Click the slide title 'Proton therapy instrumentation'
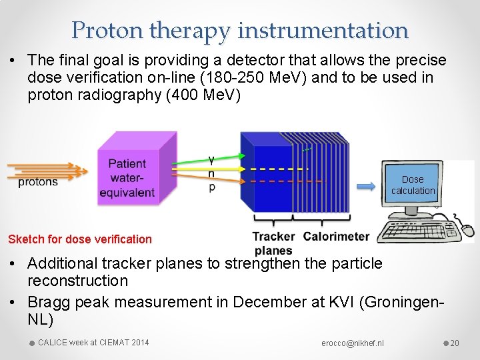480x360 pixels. pos(240,30)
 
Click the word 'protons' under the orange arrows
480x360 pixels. pos(38,182)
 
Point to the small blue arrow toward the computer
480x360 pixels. pos(366,187)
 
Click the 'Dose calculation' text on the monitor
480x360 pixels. pos(413,185)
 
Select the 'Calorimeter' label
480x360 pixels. pos(335,236)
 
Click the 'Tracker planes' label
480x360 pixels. pos(273,243)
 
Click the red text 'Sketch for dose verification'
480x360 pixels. pos(80,239)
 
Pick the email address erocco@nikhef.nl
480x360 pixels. pos(353,343)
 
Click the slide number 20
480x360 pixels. pos(455,343)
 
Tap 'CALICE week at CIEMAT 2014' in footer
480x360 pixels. pos(93,343)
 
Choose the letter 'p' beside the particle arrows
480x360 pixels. pos(212,188)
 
